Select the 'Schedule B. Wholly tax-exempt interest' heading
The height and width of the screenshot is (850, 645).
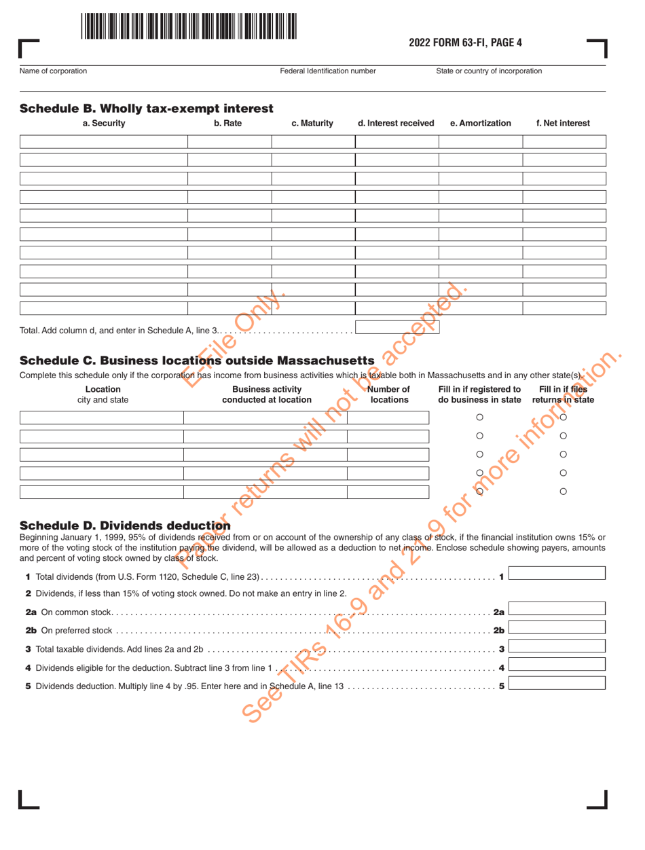[146, 109]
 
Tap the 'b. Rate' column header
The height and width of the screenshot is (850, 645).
[229, 124]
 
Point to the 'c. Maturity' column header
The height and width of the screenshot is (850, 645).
[312, 124]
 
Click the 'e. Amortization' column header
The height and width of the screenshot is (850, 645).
[480, 124]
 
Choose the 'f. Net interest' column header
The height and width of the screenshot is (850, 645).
[563, 124]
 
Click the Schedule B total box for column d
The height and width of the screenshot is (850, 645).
[397, 327]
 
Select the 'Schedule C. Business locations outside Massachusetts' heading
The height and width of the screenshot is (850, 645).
[197, 358]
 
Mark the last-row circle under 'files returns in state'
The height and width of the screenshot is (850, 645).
[563, 491]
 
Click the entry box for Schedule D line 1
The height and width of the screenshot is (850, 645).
[557, 573]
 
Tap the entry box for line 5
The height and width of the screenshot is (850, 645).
[557, 681]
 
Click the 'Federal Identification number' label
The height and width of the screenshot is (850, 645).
[327, 71]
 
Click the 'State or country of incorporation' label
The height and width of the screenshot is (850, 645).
[489, 71]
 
